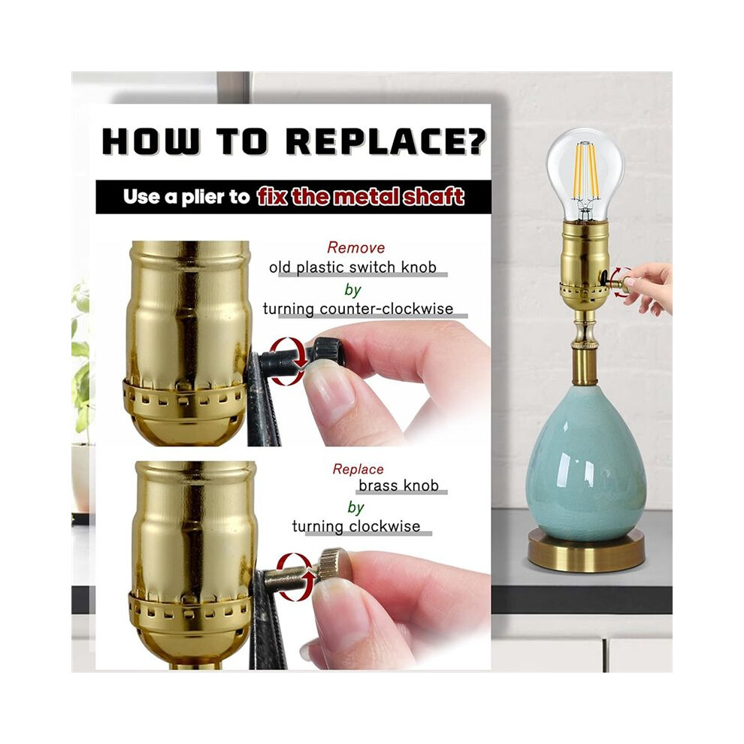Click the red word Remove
(x=356, y=248)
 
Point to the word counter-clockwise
(x=387, y=309)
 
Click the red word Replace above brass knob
(x=358, y=469)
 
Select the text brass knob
(x=398, y=486)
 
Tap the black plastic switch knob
(x=328, y=352)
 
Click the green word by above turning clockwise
(x=356, y=507)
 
